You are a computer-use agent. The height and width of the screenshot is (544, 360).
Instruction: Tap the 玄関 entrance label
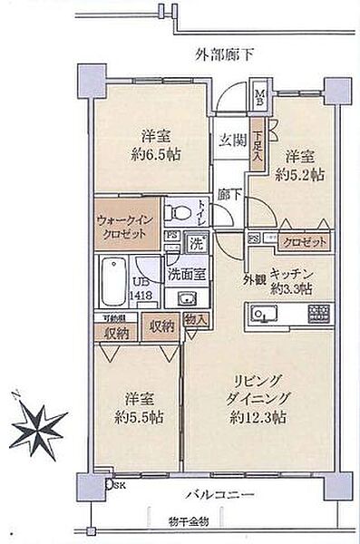coord(231,140)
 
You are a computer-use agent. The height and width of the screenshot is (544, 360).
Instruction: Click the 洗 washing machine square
coord(194,243)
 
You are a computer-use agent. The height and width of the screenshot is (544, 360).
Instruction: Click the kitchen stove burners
coord(320,315)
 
